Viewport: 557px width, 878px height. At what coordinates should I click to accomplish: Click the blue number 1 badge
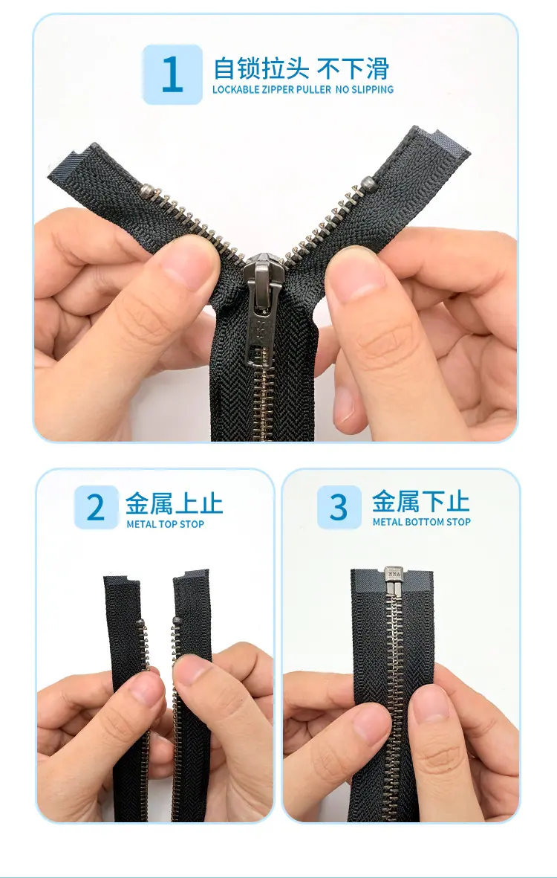tap(172, 74)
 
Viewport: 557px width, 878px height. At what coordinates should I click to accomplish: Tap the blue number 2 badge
tap(97, 507)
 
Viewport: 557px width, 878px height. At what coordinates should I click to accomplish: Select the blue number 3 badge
tap(339, 507)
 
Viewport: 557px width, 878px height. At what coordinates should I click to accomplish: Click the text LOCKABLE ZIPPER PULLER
tap(272, 90)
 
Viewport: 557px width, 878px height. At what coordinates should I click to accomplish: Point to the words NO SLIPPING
tap(365, 90)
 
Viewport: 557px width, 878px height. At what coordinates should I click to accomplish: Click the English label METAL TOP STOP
tap(166, 525)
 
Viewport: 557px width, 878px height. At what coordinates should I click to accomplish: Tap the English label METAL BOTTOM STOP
tap(422, 522)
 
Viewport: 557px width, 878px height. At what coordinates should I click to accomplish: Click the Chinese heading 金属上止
tap(174, 503)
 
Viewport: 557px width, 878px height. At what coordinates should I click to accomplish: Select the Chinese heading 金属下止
tap(420, 500)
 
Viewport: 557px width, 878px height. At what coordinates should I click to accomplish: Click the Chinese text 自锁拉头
tap(261, 68)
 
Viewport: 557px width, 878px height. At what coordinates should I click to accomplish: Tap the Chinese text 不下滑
tap(353, 68)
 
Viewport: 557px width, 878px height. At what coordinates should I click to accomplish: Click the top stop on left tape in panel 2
tap(140, 623)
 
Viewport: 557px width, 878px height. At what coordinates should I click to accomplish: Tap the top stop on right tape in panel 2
tap(177, 621)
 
